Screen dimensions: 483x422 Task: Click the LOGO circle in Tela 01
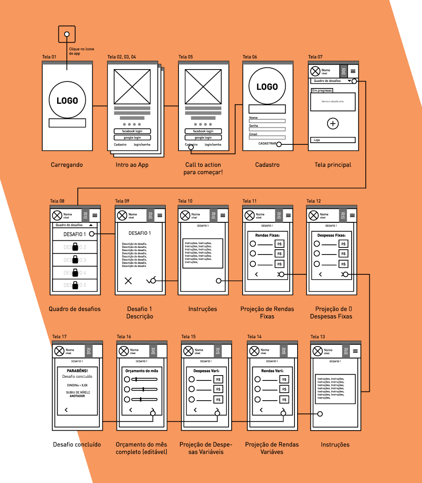pos(67,100)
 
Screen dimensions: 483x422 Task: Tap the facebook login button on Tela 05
pos(203,131)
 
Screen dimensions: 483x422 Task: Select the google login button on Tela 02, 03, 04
pos(132,138)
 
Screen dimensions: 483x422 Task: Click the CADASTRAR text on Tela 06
pos(267,144)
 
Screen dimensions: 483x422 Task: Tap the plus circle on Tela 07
pos(333,124)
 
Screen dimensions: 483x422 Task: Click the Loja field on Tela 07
pos(333,140)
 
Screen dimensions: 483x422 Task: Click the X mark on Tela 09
pos(128,281)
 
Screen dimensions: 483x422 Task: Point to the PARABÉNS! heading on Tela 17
pos(77,371)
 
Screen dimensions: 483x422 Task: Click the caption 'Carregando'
pos(67,165)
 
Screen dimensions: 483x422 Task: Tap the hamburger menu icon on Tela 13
pos(355,351)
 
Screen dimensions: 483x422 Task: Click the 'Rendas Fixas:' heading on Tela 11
pos(267,235)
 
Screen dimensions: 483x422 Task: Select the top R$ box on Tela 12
pos(343,244)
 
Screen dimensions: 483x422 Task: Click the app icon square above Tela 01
pos(67,34)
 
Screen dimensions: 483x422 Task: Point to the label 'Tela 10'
pos(185,201)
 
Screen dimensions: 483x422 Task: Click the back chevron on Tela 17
pos(66,410)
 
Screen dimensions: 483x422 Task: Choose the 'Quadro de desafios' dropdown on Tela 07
pos(332,81)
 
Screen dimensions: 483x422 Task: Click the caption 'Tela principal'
pos(333,165)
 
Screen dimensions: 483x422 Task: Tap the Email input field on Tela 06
pos(267,137)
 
